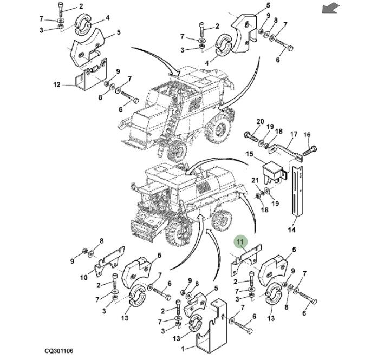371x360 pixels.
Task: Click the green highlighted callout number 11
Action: coord(240,241)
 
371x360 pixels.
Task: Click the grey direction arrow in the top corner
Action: coord(330,8)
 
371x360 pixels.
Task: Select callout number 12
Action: coord(56,84)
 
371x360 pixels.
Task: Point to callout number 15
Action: coord(250,154)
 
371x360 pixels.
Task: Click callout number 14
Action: coord(292,230)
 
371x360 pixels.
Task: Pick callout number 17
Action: coord(294,134)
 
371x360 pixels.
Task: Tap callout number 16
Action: coord(307,134)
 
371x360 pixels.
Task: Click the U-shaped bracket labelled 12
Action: coord(87,78)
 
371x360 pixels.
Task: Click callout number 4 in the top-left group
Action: coord(107,17)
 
